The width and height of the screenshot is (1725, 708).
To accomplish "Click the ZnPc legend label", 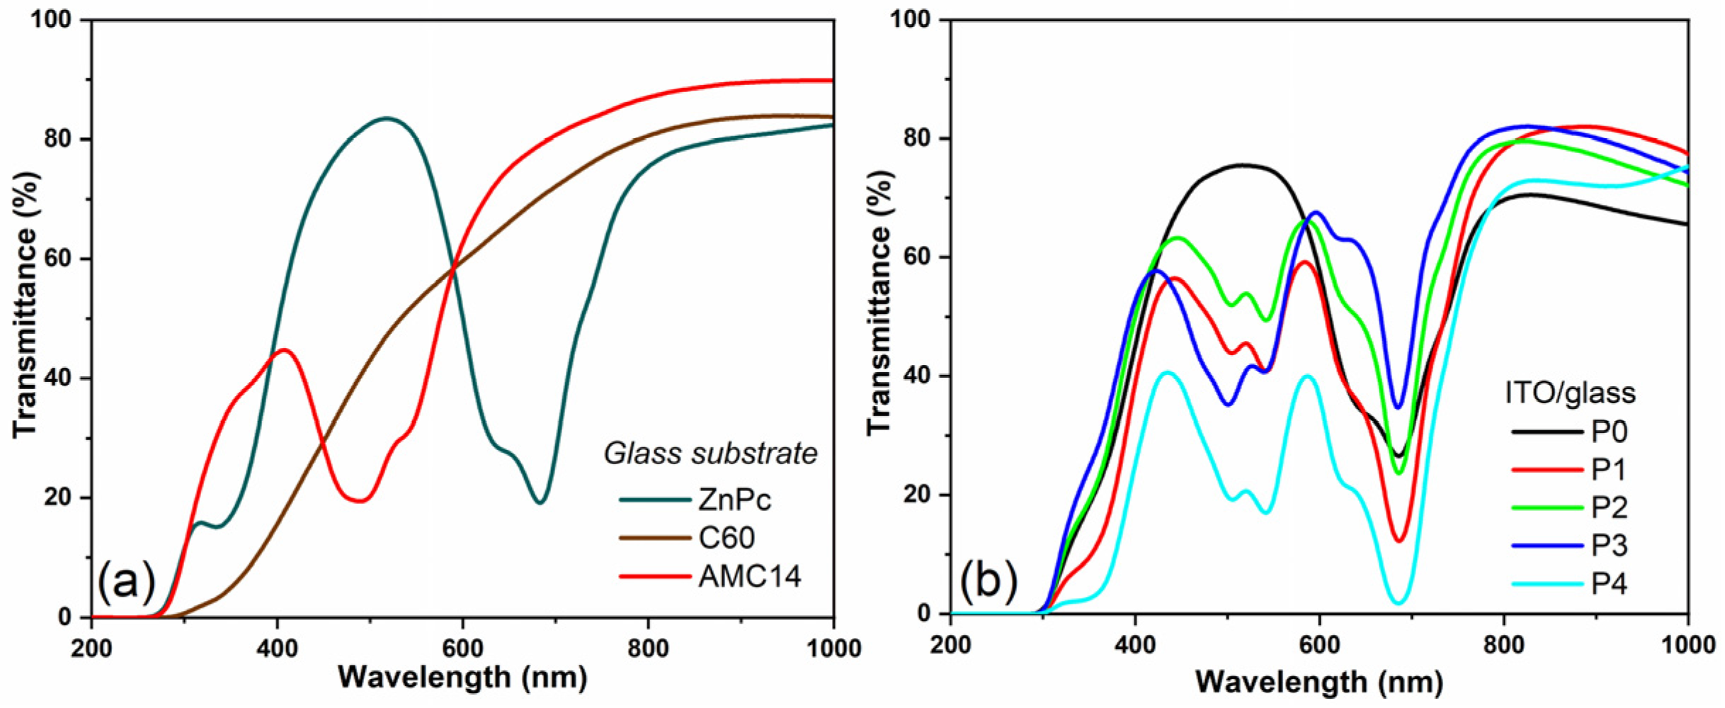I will [x=734, y=500].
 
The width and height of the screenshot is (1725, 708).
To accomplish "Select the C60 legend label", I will [x=727, y=538].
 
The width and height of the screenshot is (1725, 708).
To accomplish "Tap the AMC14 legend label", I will [x=750, y=576].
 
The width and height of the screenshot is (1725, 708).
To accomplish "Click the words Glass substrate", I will [x=710, y=454].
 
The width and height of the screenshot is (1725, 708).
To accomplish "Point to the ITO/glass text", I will [x=1570, y=393].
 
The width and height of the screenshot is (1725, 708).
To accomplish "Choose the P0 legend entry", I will [x=1609, y=431].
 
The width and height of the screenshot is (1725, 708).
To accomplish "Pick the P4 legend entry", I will [x=1609, y=584].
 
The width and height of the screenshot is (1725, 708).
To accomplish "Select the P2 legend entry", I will [x=1609, y=507].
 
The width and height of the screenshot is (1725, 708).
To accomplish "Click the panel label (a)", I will [x=126, y=580].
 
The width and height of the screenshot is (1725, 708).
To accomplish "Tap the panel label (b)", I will [x=989, y=580].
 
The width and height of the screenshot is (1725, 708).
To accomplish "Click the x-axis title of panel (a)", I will [x=462, y=678].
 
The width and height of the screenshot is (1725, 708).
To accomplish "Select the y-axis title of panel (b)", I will [x=879, y=302].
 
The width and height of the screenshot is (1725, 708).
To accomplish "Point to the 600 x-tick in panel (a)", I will [x=462, y=648].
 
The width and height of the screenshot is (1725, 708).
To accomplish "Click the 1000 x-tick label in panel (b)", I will [x=1688, y=645].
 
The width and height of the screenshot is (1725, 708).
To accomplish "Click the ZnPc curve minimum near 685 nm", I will [x=540, y=502].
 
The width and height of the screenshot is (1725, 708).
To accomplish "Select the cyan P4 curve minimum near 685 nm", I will [x=1399, y=603].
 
